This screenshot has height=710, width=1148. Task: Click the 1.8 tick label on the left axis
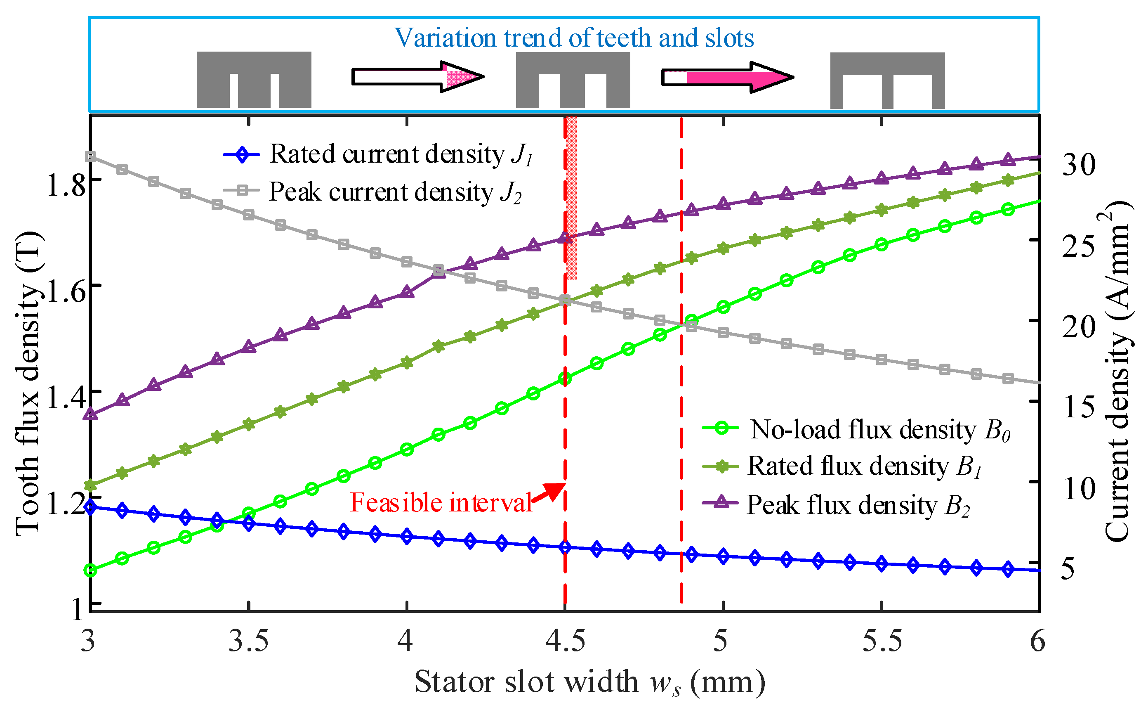(66, 185)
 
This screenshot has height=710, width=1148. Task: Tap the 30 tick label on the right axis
(1079, 164)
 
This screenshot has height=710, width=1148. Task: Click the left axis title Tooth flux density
(29, 383)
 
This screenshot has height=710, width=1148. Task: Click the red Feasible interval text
(441, 503)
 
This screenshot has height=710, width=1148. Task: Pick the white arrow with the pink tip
(417, 76)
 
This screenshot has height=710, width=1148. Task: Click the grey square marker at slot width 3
(91, 156)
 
